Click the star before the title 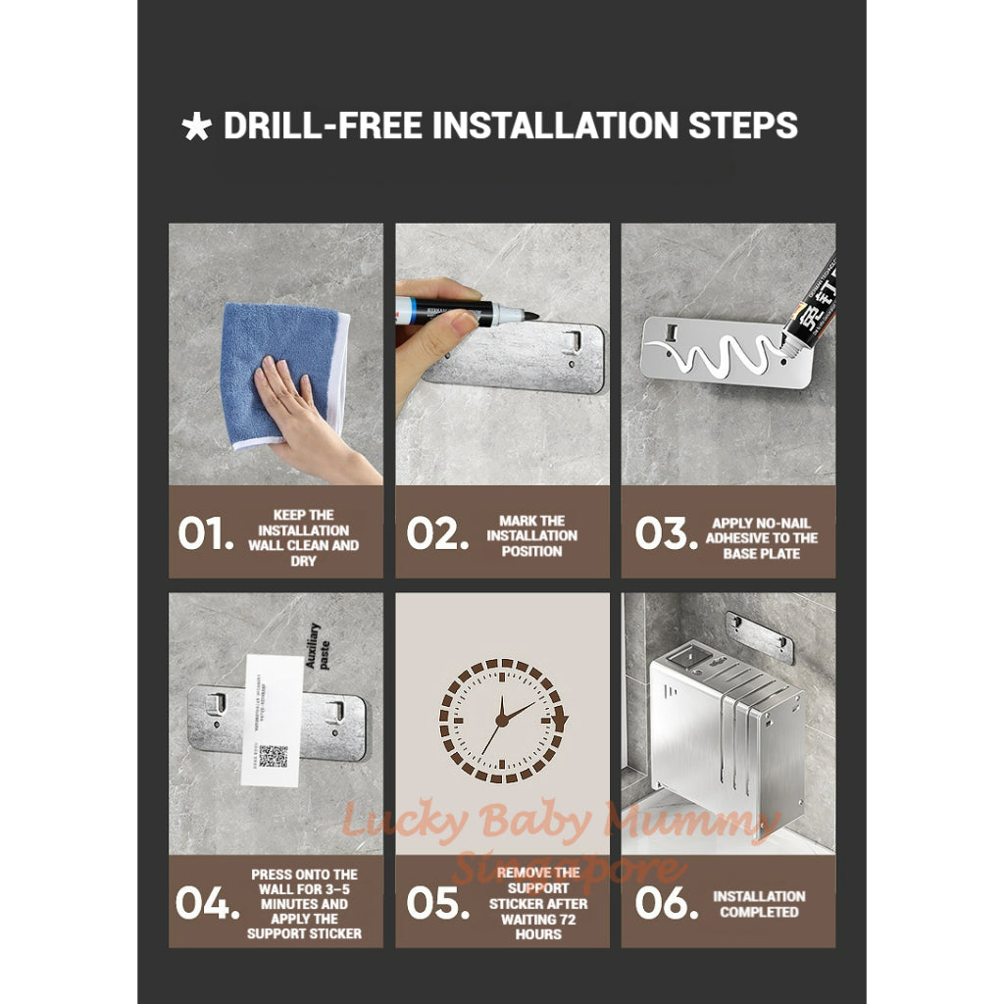(196, 128)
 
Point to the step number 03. (666, 533)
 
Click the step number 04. (207, 903)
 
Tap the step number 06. (666, 903)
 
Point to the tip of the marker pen (534, 316)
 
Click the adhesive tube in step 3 (809, 309)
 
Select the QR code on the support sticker (273, 755)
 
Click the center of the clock (502, 721)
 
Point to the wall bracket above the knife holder (760, 635)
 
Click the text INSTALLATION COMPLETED (759, 904)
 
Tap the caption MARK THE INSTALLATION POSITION (531, 535)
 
